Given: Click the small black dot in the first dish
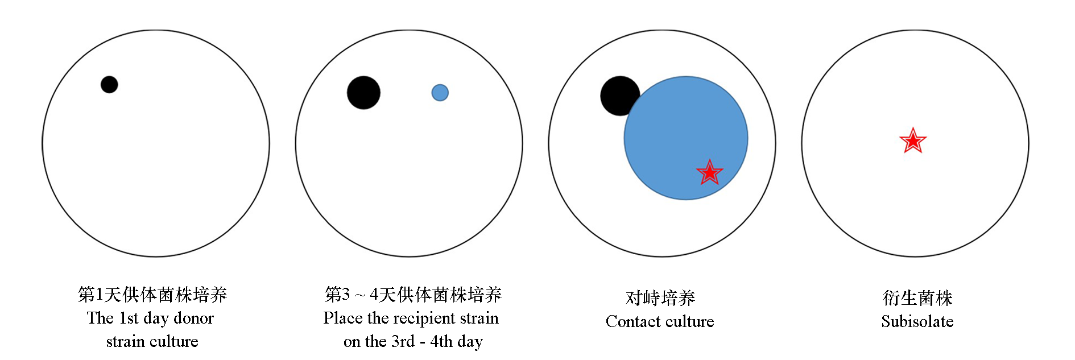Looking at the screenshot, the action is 109,85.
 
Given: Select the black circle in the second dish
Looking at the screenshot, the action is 363,93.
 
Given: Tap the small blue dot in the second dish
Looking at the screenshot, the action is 440,93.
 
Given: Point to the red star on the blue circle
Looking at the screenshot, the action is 709,172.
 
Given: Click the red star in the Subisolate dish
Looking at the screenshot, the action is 913,140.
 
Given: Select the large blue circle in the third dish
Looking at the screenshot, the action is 686,138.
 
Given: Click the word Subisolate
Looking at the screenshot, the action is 917,321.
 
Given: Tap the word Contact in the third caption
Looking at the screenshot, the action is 630,321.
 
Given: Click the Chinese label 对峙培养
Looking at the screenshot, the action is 660,297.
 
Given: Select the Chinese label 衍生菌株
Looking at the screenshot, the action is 917,297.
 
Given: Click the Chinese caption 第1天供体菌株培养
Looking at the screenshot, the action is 152,294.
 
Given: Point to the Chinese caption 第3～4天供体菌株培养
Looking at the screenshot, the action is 413,294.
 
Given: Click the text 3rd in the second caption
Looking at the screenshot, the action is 403,341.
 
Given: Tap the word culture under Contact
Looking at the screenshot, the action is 687,321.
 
